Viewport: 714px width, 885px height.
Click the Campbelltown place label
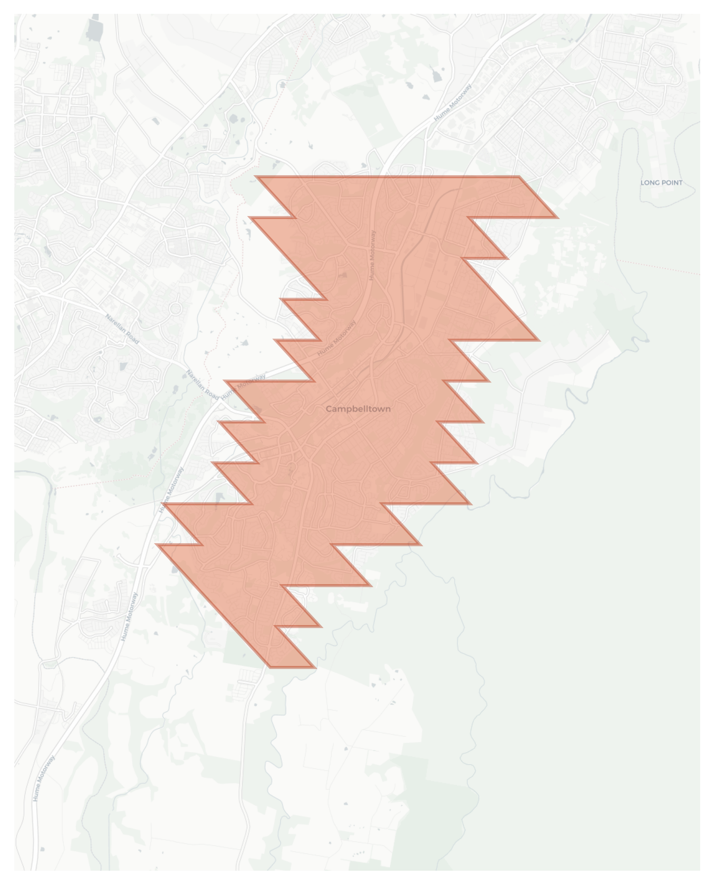tap(358, 409)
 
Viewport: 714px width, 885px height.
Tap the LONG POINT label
tap(661, 182)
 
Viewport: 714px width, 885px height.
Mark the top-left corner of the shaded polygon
tap(256, 177)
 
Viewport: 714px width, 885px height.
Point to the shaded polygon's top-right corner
tap(519, 177)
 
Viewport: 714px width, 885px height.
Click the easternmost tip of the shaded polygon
tap(557, 218)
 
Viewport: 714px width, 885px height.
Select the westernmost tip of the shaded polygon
tap(157, 544)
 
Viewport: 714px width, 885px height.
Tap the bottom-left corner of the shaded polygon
tap(270, 667)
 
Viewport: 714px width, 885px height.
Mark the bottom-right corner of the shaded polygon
tap(315, 667)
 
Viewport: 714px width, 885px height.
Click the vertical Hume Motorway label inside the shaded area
tap(372, 255)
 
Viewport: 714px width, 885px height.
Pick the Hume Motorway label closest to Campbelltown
tap(337, 338)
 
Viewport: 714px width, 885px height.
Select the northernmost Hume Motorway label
tap(453, 102)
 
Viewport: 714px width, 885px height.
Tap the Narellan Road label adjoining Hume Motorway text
tap(203, 385)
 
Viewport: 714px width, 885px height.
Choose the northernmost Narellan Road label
tap(122, 329)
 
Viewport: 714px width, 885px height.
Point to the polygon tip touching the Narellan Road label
tap(225, 381)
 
